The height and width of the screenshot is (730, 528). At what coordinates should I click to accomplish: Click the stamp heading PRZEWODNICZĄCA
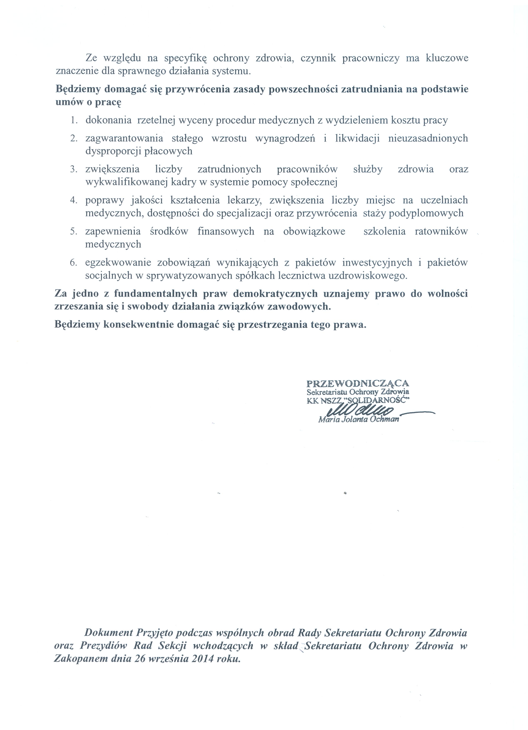coord(357,383)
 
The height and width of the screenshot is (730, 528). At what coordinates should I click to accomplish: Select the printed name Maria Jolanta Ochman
coord(358,420)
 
